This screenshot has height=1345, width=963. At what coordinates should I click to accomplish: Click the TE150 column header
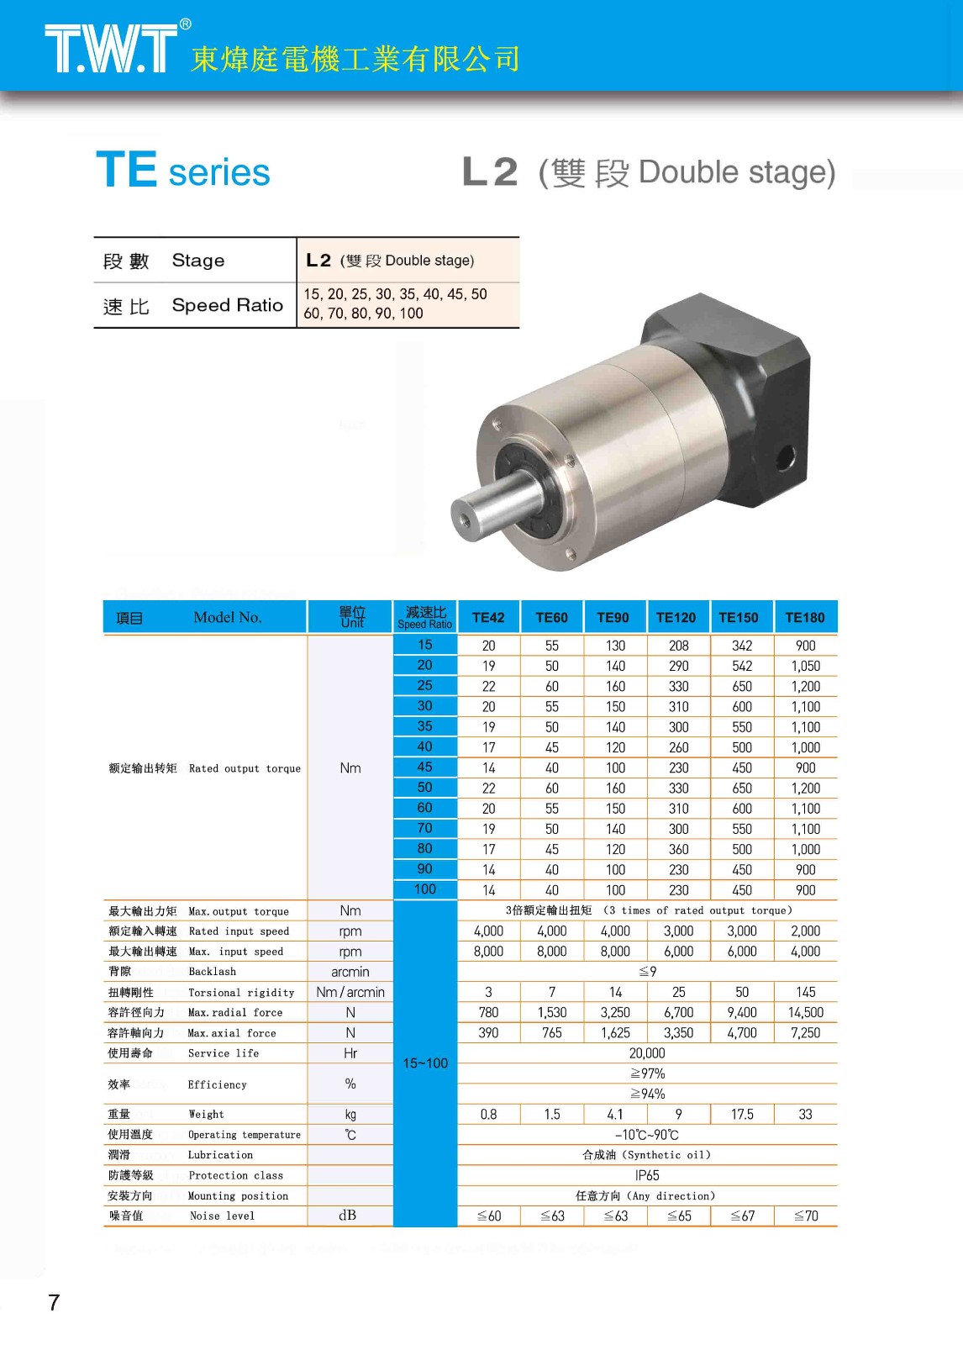tap(739, 618)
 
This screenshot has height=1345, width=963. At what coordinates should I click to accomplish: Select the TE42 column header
tap(488, 618)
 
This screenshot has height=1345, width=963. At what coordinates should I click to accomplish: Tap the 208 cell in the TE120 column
tap(679, 646)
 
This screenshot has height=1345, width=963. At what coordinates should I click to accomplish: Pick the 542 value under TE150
tap(742, 666)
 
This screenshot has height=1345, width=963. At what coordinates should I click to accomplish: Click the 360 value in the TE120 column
tap(679, 849)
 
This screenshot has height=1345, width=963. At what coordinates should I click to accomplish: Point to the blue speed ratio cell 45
tap(425, 767)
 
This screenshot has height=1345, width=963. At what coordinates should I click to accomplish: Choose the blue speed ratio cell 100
tap(425, 889)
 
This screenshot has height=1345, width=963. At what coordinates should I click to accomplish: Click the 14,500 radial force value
tap(806, 1013)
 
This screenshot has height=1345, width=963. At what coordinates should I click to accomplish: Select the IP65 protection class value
tap(647, 1175)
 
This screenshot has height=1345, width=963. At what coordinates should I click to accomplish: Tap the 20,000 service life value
tap(647, 1053)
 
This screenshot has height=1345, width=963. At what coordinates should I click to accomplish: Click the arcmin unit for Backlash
tap(350, 972)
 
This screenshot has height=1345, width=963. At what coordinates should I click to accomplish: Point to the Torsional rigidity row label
tap(241, 993)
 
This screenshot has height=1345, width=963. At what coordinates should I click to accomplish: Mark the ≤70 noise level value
tap(806, 1216)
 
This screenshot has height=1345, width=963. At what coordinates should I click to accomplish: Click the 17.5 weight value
tap(742, 1115)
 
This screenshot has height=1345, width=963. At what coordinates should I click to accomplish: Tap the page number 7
tap(54, 1302)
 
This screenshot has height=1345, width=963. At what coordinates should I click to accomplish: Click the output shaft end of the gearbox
tap(465, 514)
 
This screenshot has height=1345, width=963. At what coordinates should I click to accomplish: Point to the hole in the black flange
tap(785, 458)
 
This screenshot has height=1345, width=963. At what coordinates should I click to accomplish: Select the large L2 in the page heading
tap(490, 172)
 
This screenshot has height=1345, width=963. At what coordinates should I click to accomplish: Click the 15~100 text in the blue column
tap(425, 1063)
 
